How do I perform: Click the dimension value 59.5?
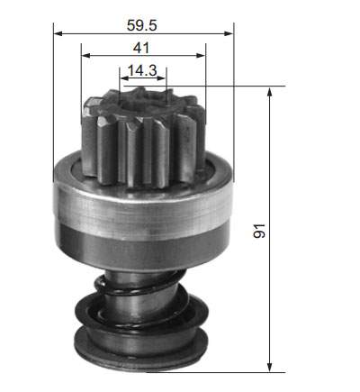coord(142,25)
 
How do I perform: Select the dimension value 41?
coord(141,48)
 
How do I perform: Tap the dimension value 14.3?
coord(142,70)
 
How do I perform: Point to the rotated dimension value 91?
coord(259,231)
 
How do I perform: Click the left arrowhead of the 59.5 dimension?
coord(58,33)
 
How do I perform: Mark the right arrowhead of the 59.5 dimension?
coord(229,33)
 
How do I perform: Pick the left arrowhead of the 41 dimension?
coord(85,55)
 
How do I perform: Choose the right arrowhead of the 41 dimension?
coord(201,55)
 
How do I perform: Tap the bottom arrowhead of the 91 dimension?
coord(270,368)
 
